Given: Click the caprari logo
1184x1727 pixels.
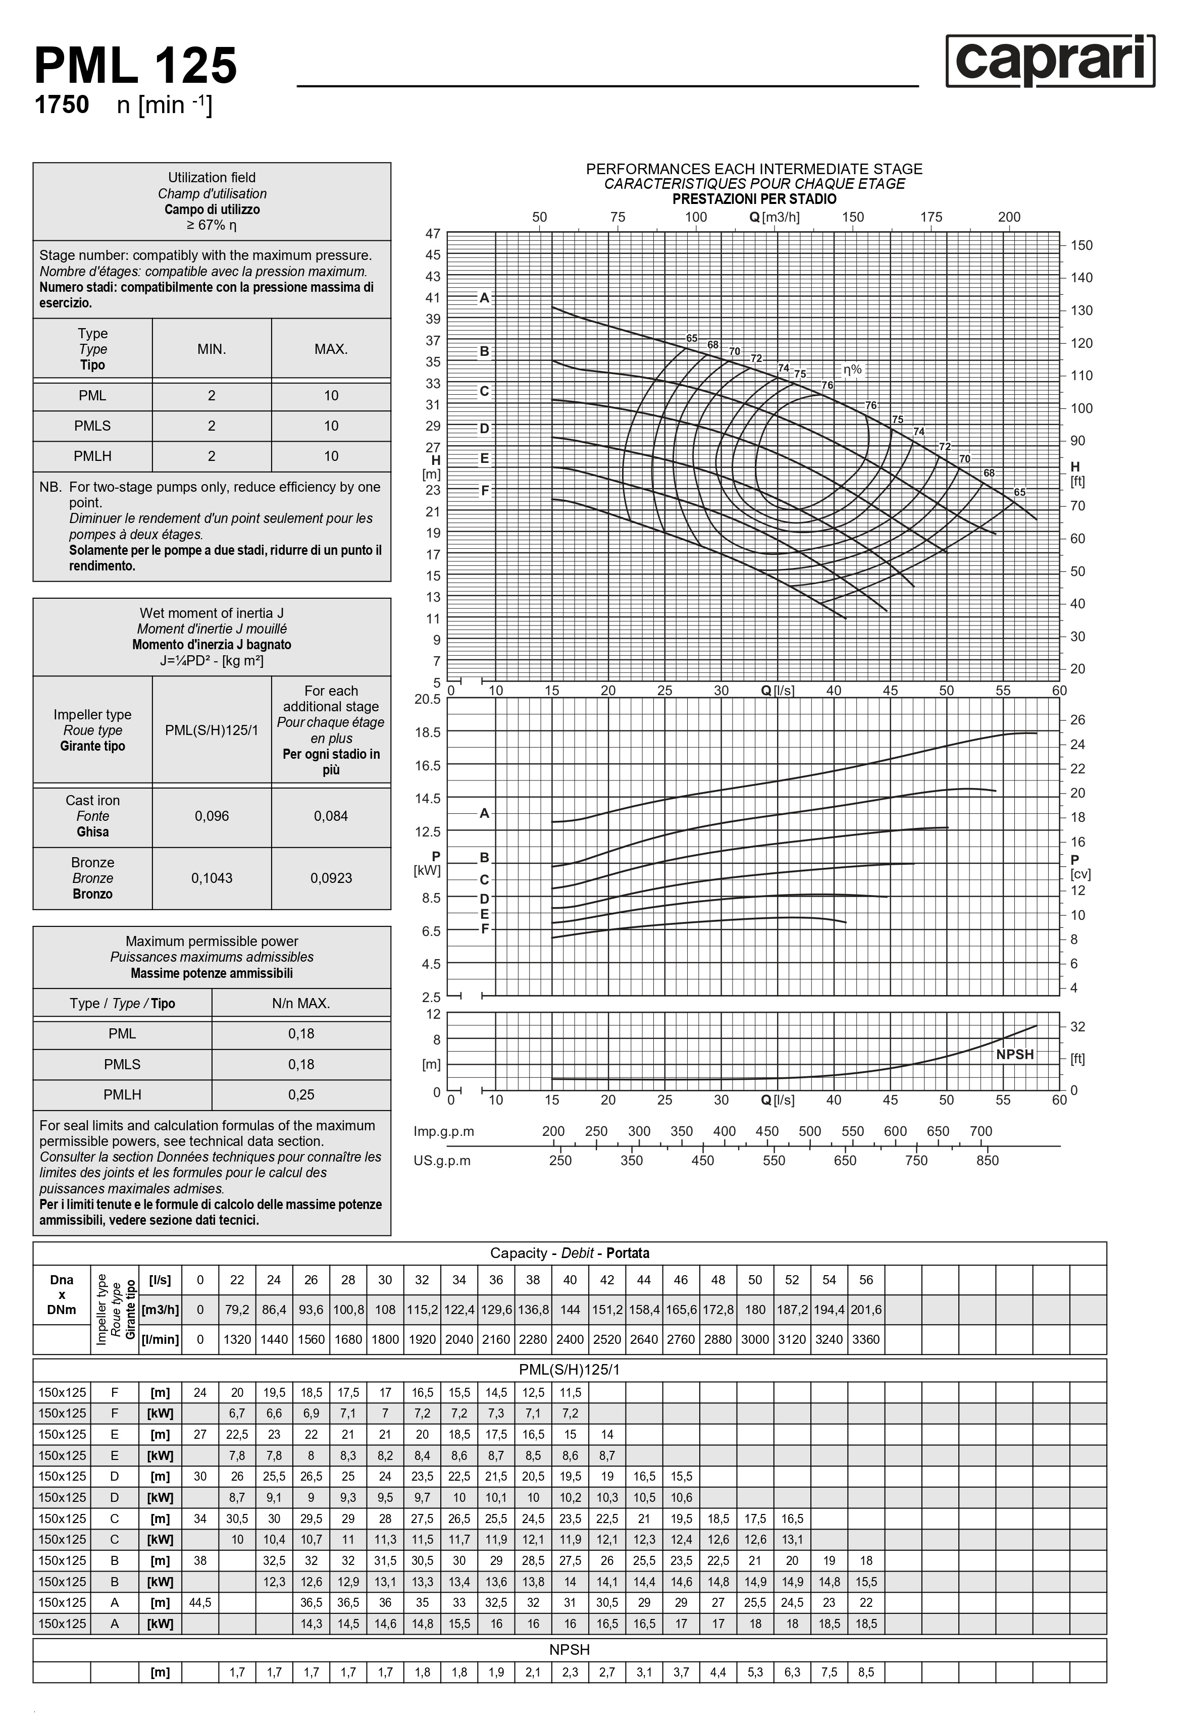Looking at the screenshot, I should (1050, 61).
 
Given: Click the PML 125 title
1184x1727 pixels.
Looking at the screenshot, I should (136, 66).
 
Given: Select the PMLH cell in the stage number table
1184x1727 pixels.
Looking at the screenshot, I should (92, 456).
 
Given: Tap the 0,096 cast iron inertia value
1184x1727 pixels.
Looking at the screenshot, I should (212, 816).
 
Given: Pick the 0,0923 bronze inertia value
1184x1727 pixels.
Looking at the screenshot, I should (331, 877).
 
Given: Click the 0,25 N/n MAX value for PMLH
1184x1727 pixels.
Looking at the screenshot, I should (301, 1094).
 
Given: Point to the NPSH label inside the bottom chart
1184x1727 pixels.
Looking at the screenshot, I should (1014, 1055).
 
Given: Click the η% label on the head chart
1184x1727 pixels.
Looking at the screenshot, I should (852, 370).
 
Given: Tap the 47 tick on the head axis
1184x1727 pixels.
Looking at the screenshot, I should (433, 233).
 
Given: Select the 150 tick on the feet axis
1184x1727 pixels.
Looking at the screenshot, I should (1082, 245).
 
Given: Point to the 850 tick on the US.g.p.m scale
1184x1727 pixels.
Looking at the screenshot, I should (987, 1161).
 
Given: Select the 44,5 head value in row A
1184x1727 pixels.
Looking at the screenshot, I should (200, 1603).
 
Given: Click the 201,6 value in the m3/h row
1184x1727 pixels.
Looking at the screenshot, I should (866, 1310).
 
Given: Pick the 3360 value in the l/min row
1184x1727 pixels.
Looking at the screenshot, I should (866, 1339).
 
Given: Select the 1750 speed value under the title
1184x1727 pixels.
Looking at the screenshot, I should (62, 105).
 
